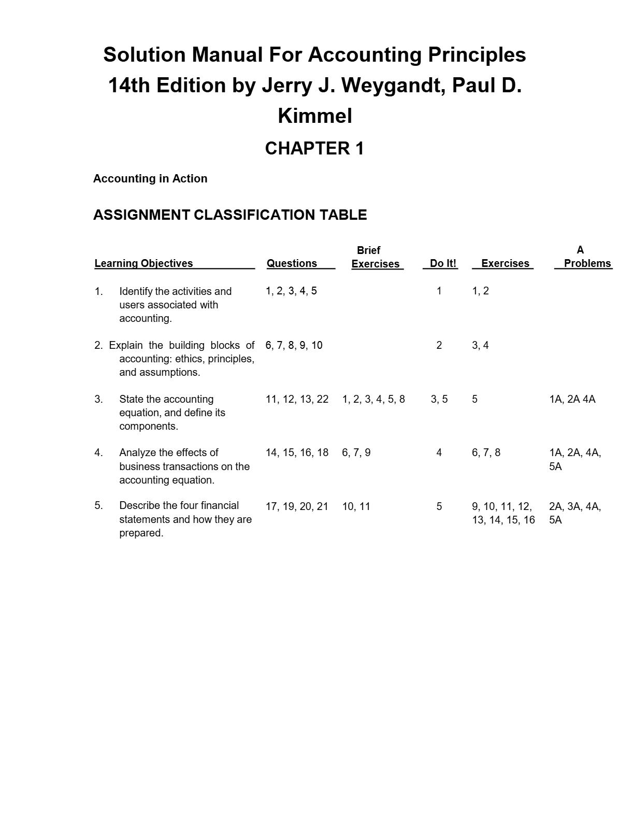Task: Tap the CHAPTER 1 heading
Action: (x=314, y=149)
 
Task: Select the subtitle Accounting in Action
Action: (x=150, y=179)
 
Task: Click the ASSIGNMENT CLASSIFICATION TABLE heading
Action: (x=230, y=215)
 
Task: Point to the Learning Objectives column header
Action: (x=143, y=263)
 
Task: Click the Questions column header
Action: (x=292, y=263)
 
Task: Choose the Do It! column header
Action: (x=443, y=263)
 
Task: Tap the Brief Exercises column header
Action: (x=375, y=258)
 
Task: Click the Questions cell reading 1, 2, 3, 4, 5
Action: (x=291, y=291)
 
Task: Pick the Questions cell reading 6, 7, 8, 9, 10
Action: (x=294, y=346)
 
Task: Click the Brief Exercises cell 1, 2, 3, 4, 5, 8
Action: (x=373, y=400)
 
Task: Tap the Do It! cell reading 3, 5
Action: (x=439, y=400)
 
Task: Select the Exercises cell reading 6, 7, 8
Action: (x=486, y=453)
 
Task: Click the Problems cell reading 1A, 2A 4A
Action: (x=572, y=400)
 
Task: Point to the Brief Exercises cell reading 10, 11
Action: (x=356, y=507)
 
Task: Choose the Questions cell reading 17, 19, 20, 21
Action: (x=297, y=507)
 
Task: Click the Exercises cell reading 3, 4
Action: (x=480, y=346)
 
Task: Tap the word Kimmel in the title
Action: (x=315, y=116)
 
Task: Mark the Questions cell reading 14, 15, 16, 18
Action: (x=297, y=453)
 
